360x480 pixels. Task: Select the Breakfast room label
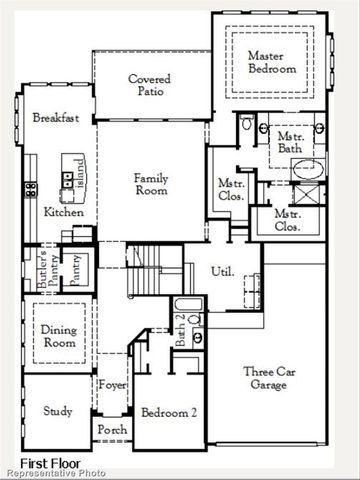tap(56, 118)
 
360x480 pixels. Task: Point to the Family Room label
tap(152, 185)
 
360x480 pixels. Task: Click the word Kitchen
tap(64, 212)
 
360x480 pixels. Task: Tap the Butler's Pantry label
tap(44, 269)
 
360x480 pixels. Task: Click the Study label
tap(58, 411)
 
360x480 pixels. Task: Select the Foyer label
tap(111, 384)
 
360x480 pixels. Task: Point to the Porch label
tap(110, 430)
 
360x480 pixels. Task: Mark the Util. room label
tap(222, 271)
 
